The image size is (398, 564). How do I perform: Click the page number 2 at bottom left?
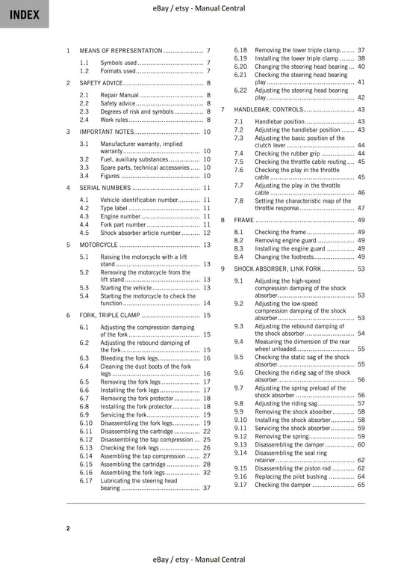tap(68, 528)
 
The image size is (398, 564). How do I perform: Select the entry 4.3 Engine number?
tap(120, 216)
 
